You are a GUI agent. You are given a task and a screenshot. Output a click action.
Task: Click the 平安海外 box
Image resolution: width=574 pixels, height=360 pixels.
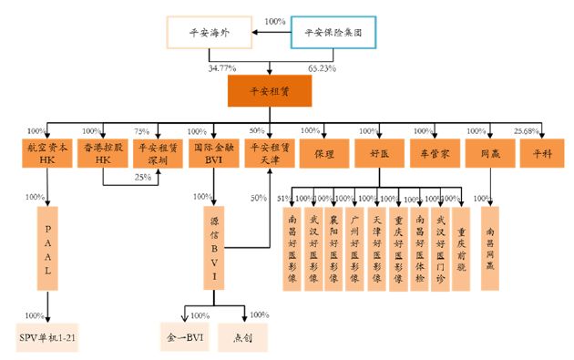click(x=208, y=33)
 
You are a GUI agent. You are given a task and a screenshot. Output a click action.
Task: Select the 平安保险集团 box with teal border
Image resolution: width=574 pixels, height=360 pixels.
click(x=333, y=33)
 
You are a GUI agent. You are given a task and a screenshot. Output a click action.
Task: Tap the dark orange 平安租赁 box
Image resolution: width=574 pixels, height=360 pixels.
click(x=270, y=91)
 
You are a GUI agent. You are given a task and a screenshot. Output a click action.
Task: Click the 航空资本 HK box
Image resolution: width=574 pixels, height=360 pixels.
click(x=46, y=153)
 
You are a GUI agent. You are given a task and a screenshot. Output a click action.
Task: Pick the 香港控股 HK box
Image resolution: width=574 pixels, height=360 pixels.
click(x=103, y=153)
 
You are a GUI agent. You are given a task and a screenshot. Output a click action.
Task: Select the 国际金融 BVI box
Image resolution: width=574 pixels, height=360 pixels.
click(x=214, y=153)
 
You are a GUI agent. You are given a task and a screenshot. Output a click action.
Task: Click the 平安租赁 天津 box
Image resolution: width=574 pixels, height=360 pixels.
click(x=271, y=153)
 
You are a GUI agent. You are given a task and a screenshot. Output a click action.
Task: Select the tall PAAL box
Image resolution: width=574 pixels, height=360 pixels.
click(x=47, y=248)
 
